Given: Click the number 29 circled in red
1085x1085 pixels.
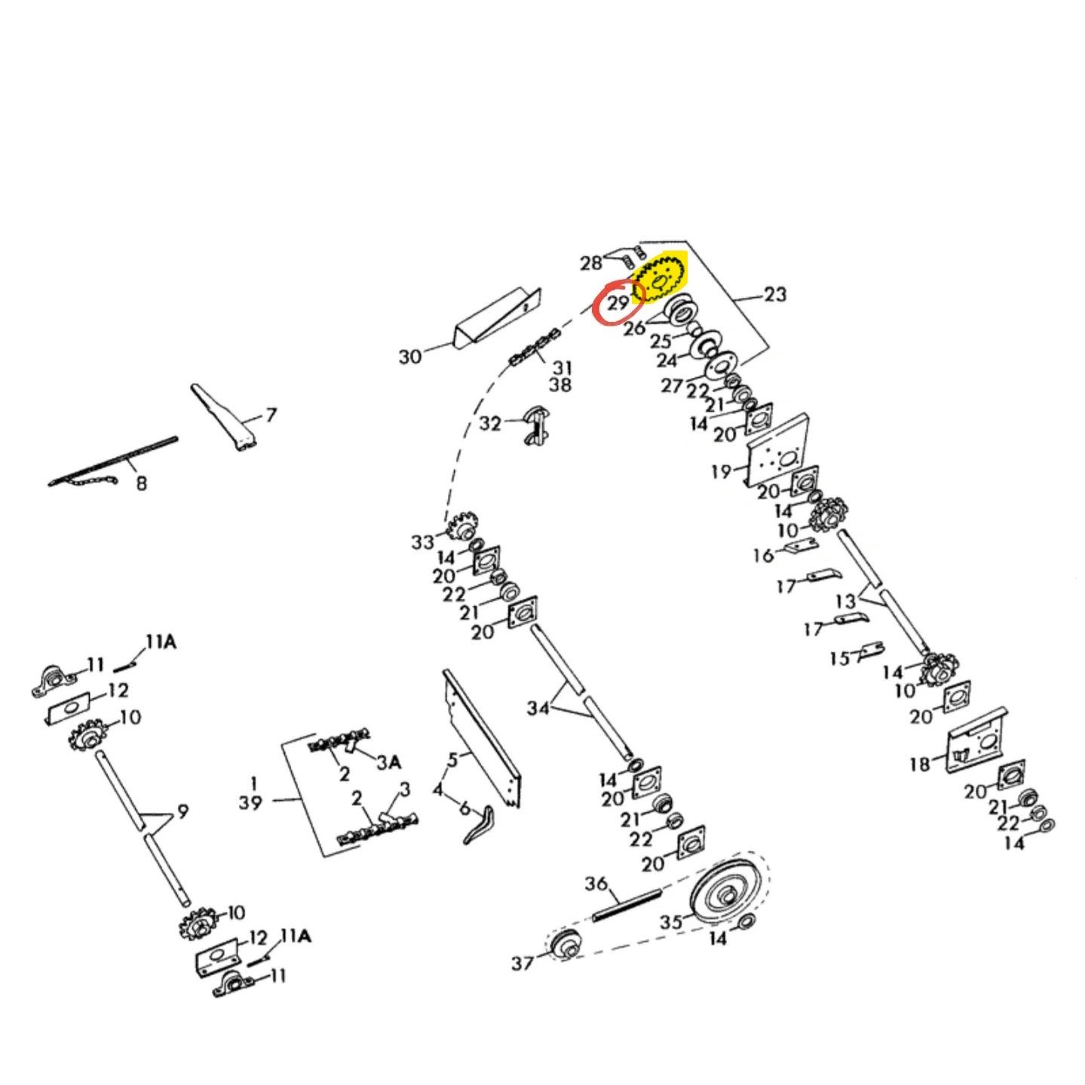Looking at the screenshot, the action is [618, 304].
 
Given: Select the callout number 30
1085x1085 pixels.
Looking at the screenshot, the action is [410, 356].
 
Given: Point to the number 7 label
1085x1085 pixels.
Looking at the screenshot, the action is [271, 415].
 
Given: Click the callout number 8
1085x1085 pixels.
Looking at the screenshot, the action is [141, 483].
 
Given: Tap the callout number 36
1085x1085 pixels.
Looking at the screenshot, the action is [597, 883].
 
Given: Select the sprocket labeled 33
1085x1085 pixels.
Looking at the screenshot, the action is [462, 526].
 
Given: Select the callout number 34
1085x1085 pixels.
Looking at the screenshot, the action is [538, 708].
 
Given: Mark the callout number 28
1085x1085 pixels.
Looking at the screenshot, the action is [591, 262].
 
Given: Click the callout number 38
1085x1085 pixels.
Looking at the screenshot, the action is [559, 385].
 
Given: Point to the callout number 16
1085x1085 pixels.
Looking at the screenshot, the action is [765, 555].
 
